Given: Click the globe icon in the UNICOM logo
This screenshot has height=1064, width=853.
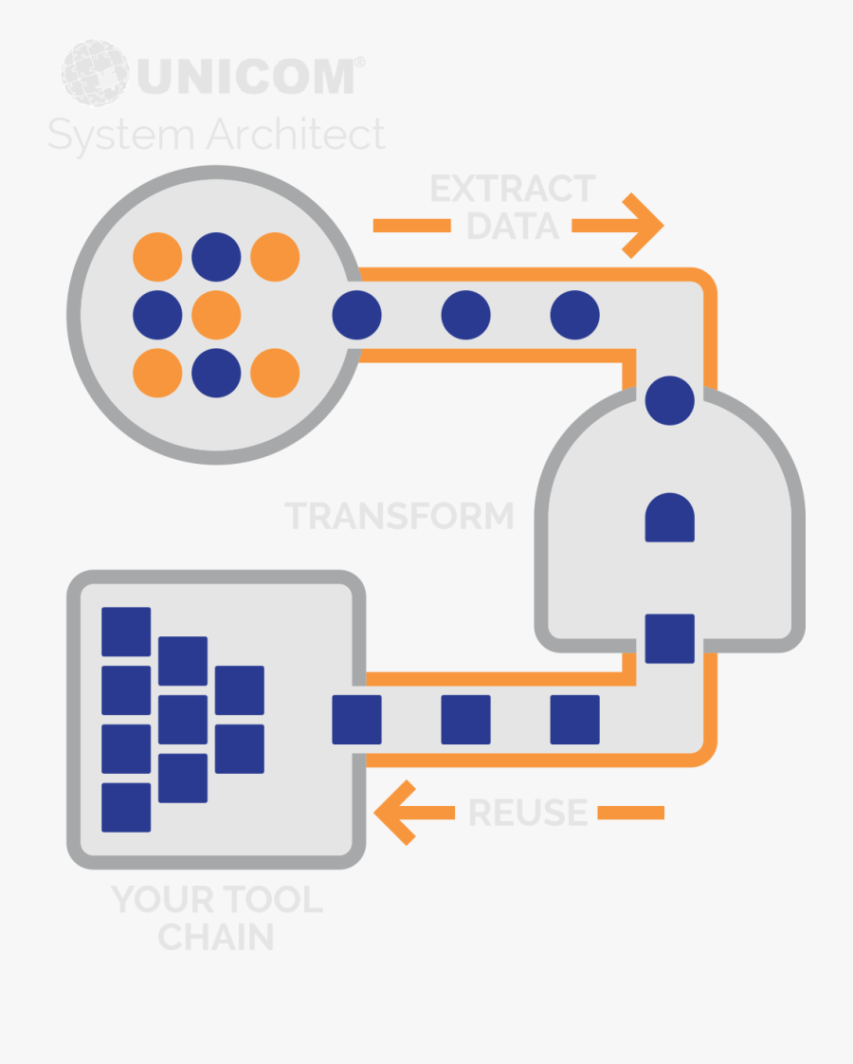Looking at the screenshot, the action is click(95, 73).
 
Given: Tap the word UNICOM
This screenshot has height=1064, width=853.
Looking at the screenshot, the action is click(246, 76).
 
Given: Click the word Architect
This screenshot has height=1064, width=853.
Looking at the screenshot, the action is click(297, 133).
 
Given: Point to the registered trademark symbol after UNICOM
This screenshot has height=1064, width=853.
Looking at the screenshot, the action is click(359, 62).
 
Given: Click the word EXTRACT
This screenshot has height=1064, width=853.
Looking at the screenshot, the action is click(513, 189).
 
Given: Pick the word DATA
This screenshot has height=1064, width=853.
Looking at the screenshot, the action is click(513, 226).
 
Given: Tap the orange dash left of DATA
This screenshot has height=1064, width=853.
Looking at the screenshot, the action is click(411, 226).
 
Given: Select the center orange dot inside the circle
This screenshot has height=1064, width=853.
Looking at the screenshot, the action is click(216, 315).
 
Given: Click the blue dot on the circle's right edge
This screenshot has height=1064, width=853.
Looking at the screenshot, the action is click(356, 315).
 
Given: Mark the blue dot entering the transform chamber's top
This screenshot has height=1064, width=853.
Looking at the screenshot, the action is click(670, 400).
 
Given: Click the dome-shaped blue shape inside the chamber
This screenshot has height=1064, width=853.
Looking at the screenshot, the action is click(670, 517).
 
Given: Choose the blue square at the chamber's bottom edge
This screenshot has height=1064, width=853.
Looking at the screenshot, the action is click(670, 638).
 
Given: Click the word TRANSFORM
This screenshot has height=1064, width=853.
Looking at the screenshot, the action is click(399, 516).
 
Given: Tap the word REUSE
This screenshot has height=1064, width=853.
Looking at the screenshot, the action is click(528, 813).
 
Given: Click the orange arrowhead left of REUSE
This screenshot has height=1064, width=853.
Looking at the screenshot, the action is click(394, 813).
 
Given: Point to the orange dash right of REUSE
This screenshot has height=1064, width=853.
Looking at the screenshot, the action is click(630, 813).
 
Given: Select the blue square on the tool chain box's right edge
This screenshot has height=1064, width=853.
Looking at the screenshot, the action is click(356, 719).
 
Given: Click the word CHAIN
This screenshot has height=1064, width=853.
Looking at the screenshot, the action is click(216, 937).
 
